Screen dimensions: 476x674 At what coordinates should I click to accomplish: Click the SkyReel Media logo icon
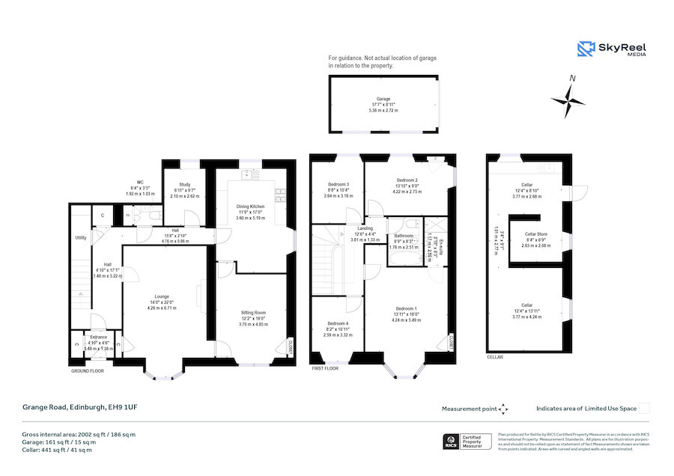click(x=586, y=49)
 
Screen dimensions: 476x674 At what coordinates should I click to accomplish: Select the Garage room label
click(x=383, y=98)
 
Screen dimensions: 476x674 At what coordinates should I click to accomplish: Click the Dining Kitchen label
click(x=251, y=206)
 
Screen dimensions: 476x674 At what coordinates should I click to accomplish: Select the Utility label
click(x=81, y=237)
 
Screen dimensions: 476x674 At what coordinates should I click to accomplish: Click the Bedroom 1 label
click(x=405, y=308)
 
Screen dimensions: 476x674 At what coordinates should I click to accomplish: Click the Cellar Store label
click(x=535, y=234)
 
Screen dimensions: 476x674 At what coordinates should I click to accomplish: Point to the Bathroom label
click(x=404, y=236)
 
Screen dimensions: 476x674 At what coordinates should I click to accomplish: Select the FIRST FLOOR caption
click(x=325, y=369)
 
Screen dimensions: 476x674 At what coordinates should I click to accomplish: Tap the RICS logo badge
click(x=452, y=442)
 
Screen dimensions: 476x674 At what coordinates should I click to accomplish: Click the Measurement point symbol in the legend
click(x=504, y=409)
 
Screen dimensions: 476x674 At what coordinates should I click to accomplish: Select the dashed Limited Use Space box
click(x=644, y=409)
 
